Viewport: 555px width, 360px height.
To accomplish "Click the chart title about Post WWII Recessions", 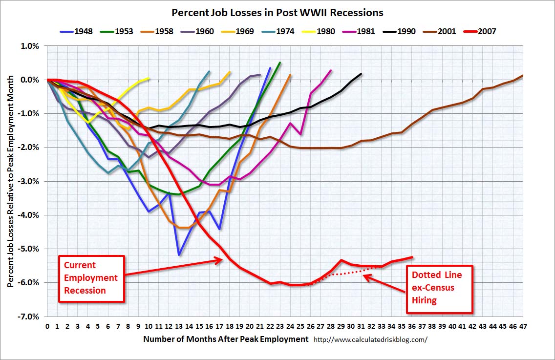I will point(277,12).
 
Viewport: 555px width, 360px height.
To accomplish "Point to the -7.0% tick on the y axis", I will point(30,317).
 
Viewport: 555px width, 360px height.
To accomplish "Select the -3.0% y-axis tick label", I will point(30,181).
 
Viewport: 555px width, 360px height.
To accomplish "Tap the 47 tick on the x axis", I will point(523,326).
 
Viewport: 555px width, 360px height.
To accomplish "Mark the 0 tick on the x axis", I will point(47,326).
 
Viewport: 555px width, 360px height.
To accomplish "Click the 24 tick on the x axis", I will point(290,326).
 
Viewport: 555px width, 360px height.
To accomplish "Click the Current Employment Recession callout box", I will point(91,278).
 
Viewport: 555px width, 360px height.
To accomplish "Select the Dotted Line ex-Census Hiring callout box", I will point(440,288).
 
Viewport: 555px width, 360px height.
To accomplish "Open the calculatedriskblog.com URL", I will point(370,339).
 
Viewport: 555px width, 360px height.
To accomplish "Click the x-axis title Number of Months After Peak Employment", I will point(226,339).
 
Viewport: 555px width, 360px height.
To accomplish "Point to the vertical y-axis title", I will point(11,181).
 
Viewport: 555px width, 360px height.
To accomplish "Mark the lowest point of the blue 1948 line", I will point(179,254).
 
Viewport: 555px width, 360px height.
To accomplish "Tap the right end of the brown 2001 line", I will point(523,76).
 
